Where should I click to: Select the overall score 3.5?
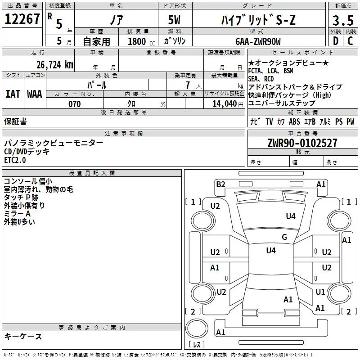pyautogui.click(x=342, y=21)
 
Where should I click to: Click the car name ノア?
pyautogui.click(x=116, y=20)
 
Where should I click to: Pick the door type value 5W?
pyautogui.click(x=175, y=21)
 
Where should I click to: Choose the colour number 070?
pyautogui.click(x=74, y=104)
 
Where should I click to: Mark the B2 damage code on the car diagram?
pyautogui.click(x=220, y=184)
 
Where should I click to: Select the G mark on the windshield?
pyautogui.click(x=284, y=237)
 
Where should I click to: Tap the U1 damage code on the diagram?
pyautogui.click(x=320, y=292)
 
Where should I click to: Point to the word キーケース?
pyautogui.click(x=23, y=337)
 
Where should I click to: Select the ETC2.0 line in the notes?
pyautogui.click(x=15, y=160)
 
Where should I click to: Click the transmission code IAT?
pyautogui.click(x=13, y=94)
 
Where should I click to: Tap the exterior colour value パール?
pyautogui.click(x=96, y=85)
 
